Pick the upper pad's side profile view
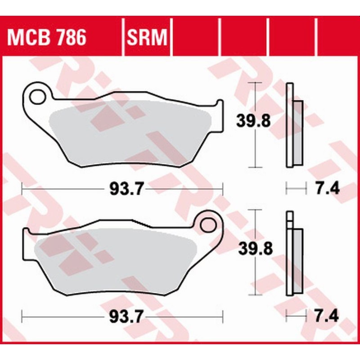pos(293,126)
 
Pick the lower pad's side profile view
pos(293,254)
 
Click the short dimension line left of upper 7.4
pos(296,189)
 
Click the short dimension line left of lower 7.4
pos(296,316)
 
